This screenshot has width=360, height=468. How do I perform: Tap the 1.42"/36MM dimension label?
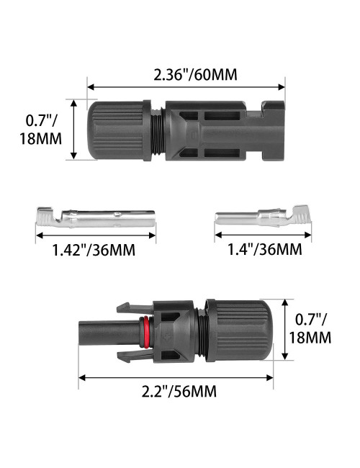[x=94, y=250]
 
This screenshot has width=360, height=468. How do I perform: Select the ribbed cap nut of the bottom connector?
[x=238, y=328]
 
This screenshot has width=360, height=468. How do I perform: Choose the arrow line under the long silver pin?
[x=94, y=235]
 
